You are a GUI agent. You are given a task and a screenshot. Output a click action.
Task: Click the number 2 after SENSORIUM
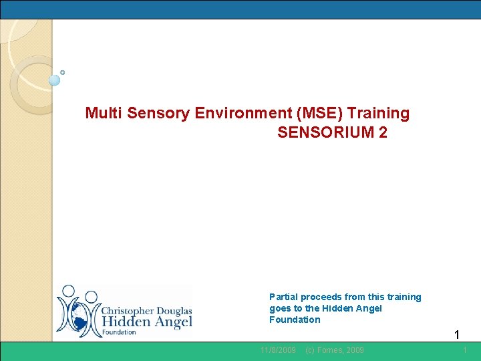pos(382,132)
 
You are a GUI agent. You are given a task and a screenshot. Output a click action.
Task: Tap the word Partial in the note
pos(283,297)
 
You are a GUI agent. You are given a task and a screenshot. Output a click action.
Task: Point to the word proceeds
pos(322,297)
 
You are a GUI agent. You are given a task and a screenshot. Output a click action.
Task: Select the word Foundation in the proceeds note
pos(295,320)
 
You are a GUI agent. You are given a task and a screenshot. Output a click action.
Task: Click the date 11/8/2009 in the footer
pos(278,350)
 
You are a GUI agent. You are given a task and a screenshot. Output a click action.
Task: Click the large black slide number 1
pos(457,335)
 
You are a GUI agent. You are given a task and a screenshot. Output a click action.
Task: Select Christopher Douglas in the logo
pos(146,311)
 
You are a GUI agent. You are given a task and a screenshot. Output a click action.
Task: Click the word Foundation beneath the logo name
pos(119,332)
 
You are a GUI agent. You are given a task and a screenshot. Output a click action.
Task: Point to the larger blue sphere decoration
pos(55,80)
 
